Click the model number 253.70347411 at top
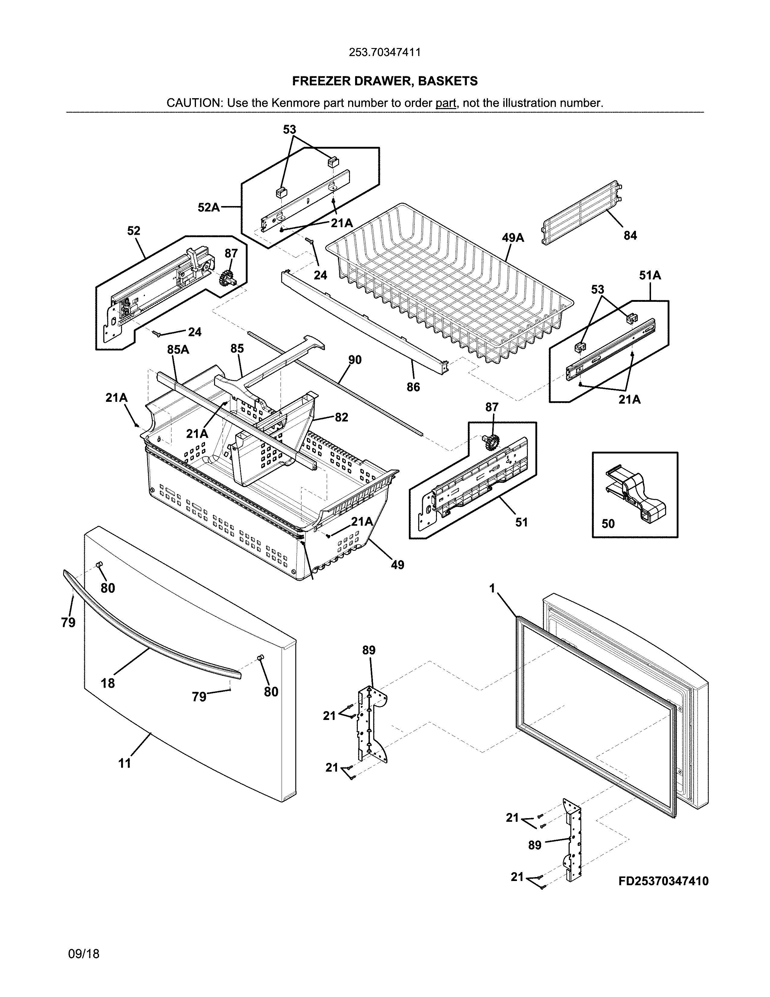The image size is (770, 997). click(x=384, y=53)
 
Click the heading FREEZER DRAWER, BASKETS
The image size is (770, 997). click(x=384, y=81)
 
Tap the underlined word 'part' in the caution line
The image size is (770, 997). click(x=446, y=103)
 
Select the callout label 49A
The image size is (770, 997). click(x=513, y=238)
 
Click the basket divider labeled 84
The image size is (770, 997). click(x=582, y=212)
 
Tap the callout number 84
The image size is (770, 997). click(x=630, y=236)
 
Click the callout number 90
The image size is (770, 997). click(x=355, y=360)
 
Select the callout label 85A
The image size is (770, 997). click(x=178, y=350)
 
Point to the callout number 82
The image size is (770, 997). click(x=341, y=417)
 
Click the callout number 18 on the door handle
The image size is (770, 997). click(x=108, y=683)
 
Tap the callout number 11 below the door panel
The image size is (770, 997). click(x=124, y=763)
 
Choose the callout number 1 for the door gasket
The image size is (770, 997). click(x=492, y=589)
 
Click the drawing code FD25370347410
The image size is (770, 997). click(x=663, y=881)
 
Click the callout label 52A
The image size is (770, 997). click(x=208, y=208)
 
